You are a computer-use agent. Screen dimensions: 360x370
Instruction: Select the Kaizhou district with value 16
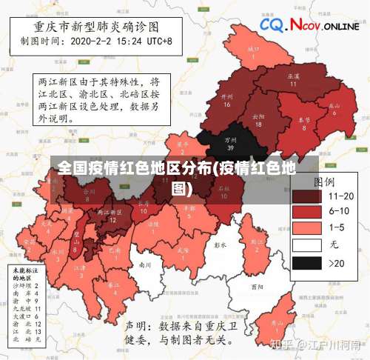[x=227, y=100]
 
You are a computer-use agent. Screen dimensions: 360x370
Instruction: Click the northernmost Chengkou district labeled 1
[x=254, y=52]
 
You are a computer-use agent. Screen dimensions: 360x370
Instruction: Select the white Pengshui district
[x=219, y=244]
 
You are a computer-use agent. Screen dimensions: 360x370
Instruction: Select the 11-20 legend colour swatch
[x=309, y=196]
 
